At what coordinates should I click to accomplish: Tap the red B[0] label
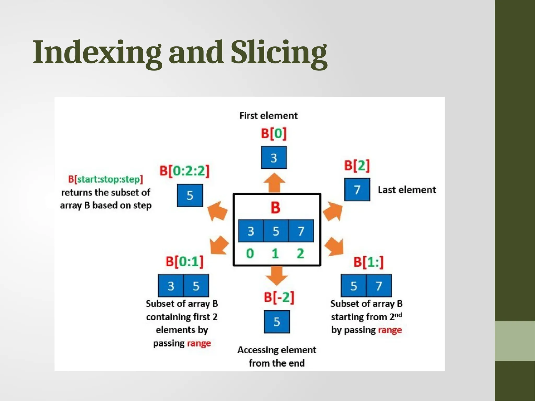[274, 133]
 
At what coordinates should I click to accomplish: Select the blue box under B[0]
[274, 158]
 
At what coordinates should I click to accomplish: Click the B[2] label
[357, 166]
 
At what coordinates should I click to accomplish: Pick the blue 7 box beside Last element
[357, 190]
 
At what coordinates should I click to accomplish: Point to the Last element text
[406, 190]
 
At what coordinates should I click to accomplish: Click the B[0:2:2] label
[184, 171]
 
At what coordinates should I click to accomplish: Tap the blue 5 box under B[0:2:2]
[190, 196]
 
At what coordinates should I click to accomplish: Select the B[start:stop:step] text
[106, 179]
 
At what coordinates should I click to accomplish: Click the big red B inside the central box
[275, 208]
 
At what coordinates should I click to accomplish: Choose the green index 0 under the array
[250, 253]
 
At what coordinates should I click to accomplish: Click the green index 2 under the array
[300, 253]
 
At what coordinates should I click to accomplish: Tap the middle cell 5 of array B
[276, 231]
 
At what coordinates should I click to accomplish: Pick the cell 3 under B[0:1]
[171, 286]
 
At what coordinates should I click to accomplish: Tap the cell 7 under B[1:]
[379, 286]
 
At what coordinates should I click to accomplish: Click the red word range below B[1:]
[390, 330]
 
